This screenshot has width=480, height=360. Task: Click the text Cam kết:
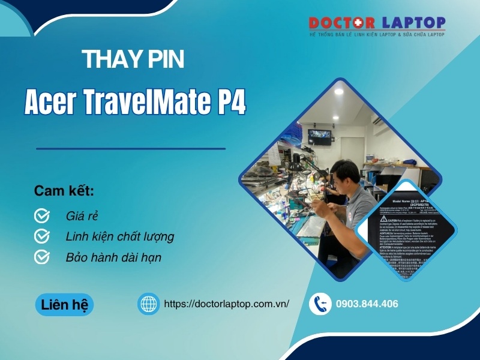click(x=64, y=191)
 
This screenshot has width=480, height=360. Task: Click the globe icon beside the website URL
click(x=148, y=304)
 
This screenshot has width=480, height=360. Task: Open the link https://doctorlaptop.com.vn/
click(x=226, y=304)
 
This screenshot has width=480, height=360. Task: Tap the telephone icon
click(x=320, y=304)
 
